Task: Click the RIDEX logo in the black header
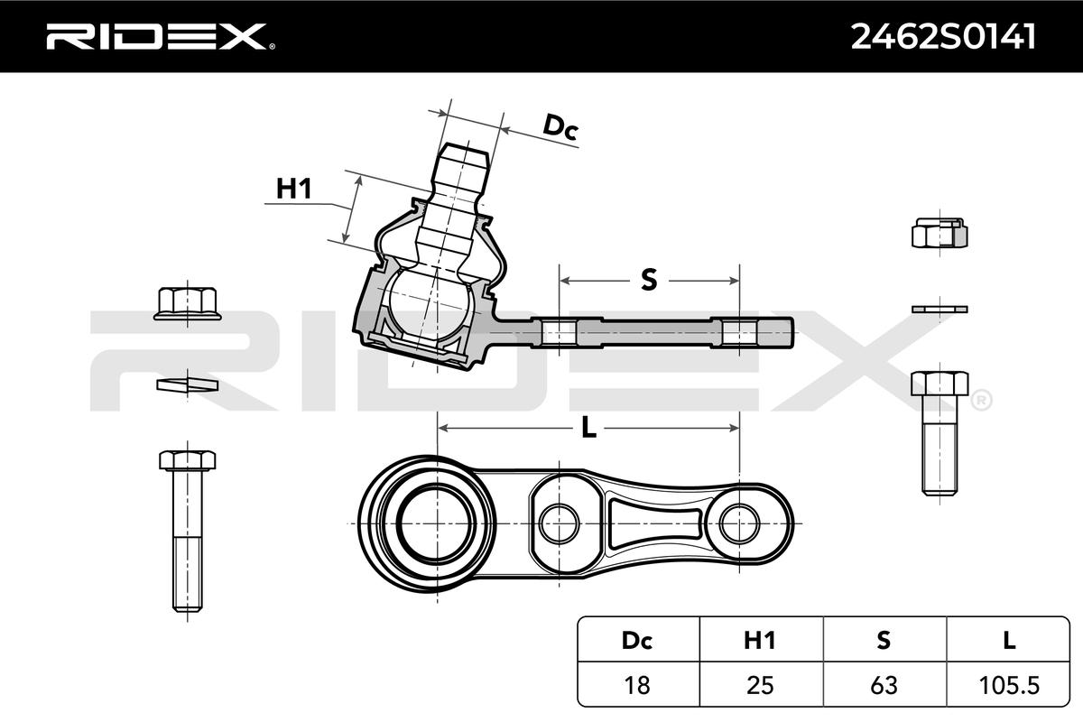coord(160,36)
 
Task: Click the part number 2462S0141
coord(943,37)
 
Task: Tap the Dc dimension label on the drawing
coord(560,126)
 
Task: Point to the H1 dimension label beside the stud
coord(293,188)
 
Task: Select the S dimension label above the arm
coord(649,280)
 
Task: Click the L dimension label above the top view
coord(588,428)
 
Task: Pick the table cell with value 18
coord(638,685)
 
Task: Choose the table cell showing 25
coord(761,685)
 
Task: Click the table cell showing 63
coord(884,685)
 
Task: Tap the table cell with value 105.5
coord(1008,685)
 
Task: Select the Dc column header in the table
coord(638,640)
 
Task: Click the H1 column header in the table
coord(761,640)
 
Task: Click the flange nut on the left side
coord(188,304)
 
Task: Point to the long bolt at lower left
coord(188,531)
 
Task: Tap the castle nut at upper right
coord(940,233)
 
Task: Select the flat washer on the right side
coord(940,309)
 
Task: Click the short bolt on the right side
coord(940,433)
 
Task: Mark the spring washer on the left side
coord(188,385)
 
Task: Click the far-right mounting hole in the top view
coord(739,523)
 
